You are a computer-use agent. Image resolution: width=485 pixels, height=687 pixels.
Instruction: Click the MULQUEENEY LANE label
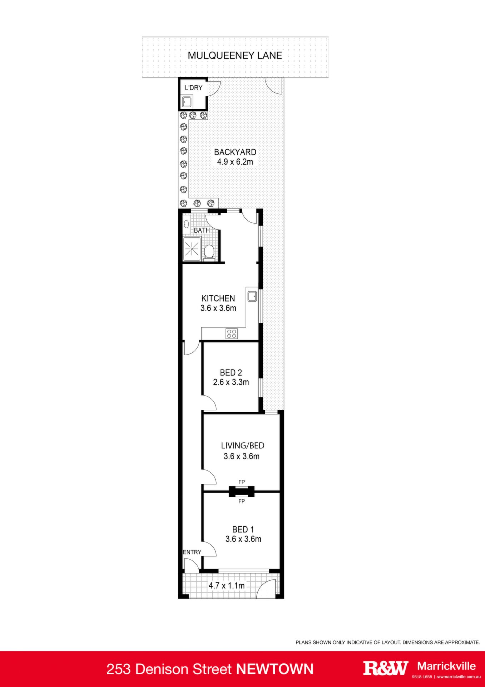coord(235,55)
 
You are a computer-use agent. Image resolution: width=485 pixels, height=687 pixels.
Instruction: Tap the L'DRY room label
coord(193,88)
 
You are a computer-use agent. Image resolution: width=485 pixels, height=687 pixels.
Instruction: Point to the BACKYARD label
coord(235,152)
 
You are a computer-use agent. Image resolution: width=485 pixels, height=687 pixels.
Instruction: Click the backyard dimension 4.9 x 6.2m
coord(235,162)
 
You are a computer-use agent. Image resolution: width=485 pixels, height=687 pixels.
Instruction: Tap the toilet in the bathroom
coord(209,251)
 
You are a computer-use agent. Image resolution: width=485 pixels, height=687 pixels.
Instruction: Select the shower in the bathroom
coord(192,249)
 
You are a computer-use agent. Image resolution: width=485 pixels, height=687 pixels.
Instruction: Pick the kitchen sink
coord(252,296)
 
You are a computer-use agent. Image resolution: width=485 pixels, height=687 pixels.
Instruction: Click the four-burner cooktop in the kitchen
coord(232,334)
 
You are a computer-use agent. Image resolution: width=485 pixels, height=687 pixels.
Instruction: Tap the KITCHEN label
coord(218,298)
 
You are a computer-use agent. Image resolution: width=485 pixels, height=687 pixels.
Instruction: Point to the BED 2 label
coord(231,372)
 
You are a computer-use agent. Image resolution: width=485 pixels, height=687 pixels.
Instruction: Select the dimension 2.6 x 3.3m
coord(231,382)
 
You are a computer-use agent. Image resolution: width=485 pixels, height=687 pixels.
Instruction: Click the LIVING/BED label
coord(243,446)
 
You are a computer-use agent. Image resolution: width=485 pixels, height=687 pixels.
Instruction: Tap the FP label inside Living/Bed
coord(242,482)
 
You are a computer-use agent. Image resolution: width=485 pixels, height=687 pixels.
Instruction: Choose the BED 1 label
coord(243,530)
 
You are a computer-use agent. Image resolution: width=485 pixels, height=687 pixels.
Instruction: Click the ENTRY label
coord(192,552)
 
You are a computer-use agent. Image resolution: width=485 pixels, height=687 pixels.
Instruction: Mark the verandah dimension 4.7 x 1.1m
coord(227,586)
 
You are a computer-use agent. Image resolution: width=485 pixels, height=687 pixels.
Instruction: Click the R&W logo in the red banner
coord(386,668)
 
